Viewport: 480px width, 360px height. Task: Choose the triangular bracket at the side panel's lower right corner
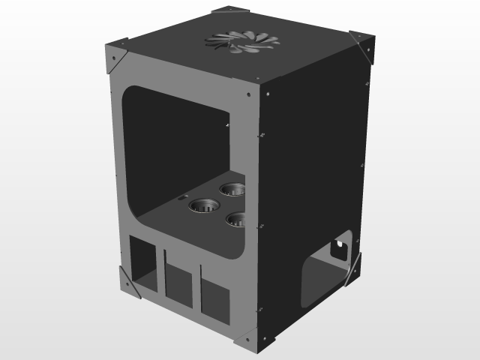click(352, 268)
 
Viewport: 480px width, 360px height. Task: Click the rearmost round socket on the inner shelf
click(233, 187)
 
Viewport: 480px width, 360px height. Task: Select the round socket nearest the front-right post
click(238, 219)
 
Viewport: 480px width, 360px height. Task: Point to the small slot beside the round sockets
click(182, 197)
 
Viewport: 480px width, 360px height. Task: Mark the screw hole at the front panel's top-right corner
click(250, 94)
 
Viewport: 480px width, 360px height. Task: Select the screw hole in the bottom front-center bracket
click(247, 342)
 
